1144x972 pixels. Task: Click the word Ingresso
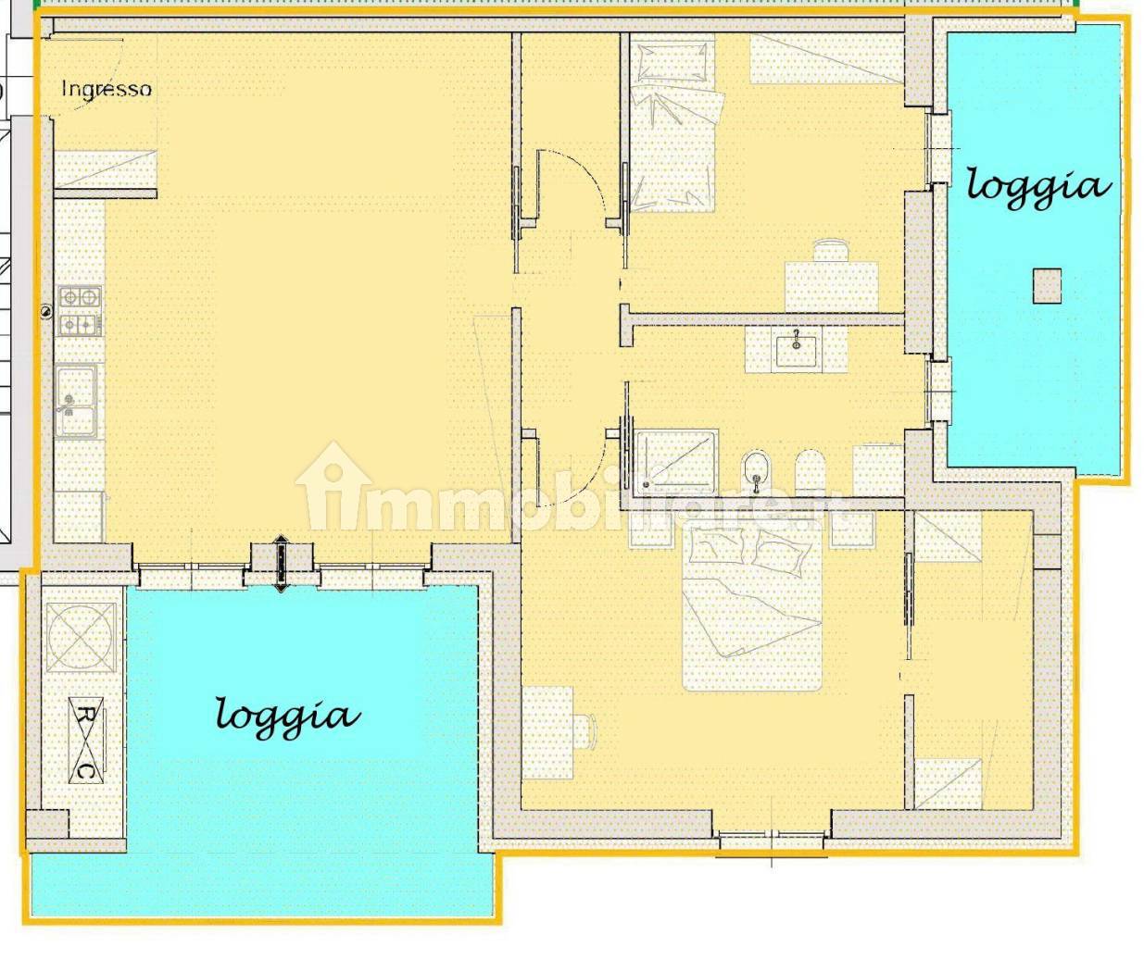[x=106, y=89]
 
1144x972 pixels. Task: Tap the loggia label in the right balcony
[x=1037, y=186]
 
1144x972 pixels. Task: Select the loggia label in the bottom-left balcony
[x=287, y=716]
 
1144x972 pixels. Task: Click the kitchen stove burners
[x=80, y=311]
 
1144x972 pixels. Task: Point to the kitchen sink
[x=76, y=399]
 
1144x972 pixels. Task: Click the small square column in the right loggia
[x=1047, y=285]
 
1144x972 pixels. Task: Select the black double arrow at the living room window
[x=282, y=564]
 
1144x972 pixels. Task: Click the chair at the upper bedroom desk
[x=831, y=251]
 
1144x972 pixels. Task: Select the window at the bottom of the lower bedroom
[x=772, y=841]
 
